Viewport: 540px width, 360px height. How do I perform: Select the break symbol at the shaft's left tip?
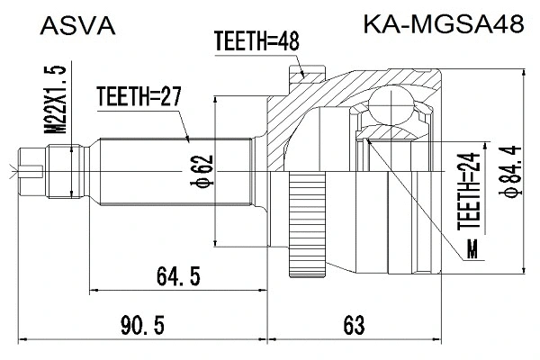point(19,166)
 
